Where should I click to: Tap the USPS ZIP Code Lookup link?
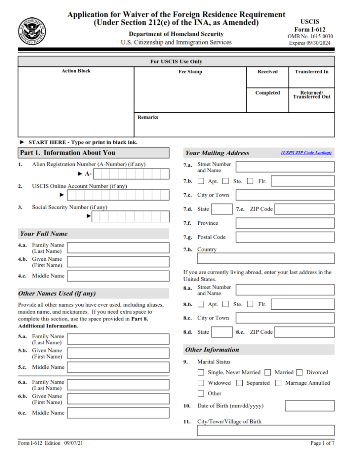tap(306, 153)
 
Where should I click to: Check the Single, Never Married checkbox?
tap(201, 372)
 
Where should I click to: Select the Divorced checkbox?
tap(300, 372)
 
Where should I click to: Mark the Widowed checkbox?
tap(201, 383)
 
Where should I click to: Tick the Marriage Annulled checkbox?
tap(278, 383)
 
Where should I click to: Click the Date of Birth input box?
tap(309, 406)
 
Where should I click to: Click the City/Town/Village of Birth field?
tap(265, 431)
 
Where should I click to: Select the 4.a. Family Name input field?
tap(118, 248)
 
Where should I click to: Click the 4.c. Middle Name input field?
tap(118, 276)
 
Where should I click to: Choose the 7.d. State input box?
tap(221, 209)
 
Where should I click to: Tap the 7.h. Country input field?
tap(285, 258)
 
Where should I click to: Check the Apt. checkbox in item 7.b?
tap(201, 181)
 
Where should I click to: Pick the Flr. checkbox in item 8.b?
tap(250, 304)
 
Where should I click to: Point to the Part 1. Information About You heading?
tap(68, 153)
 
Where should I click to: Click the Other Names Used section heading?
tap(57, 294)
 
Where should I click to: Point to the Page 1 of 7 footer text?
tap(322, 443)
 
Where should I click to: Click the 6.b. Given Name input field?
tap(118, 399)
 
